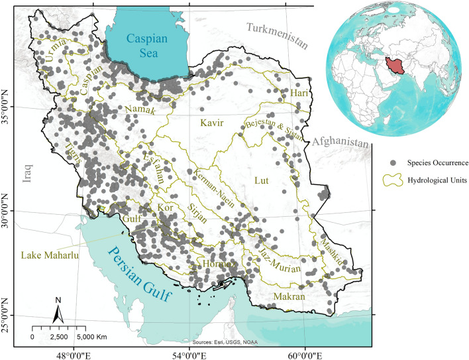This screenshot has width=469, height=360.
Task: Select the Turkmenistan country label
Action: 277,36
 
